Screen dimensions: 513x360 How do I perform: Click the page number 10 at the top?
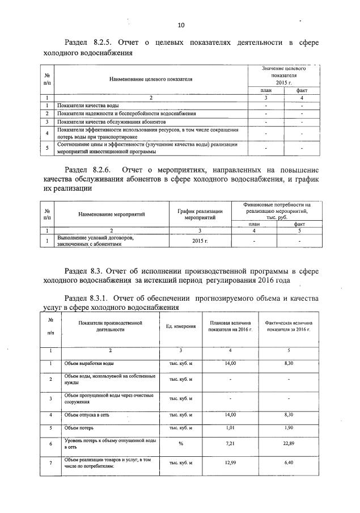(181, 26)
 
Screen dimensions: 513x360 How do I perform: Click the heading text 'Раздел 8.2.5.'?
(87, 43)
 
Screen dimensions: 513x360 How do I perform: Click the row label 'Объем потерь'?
(78, 427)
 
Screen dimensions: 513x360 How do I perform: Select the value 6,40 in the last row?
(289, 463)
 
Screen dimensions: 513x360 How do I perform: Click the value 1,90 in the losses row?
(289, 427)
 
